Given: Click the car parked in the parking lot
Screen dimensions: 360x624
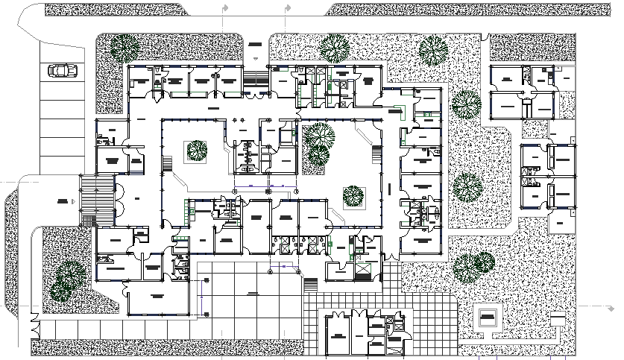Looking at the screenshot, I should point(63,71).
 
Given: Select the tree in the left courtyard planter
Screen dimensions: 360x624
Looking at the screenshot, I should point(197,150).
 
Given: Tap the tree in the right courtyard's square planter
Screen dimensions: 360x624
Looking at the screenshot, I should point(353,197).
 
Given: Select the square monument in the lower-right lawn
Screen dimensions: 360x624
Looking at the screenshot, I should point(488,318).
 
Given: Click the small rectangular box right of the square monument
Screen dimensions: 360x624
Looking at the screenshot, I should point(557,319).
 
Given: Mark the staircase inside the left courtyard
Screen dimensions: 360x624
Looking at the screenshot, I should point(168,162).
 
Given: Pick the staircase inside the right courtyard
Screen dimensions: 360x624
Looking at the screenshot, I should point(376,156).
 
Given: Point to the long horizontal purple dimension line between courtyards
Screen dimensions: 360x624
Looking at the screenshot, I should point(265,183).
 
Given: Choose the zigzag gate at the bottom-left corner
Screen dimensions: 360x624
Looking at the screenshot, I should point(34,326).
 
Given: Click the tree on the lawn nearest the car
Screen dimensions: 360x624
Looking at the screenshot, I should point(123,48).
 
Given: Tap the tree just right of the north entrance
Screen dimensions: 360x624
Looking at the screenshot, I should point(334,48).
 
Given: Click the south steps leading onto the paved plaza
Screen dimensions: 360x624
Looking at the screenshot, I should point(312,284).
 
